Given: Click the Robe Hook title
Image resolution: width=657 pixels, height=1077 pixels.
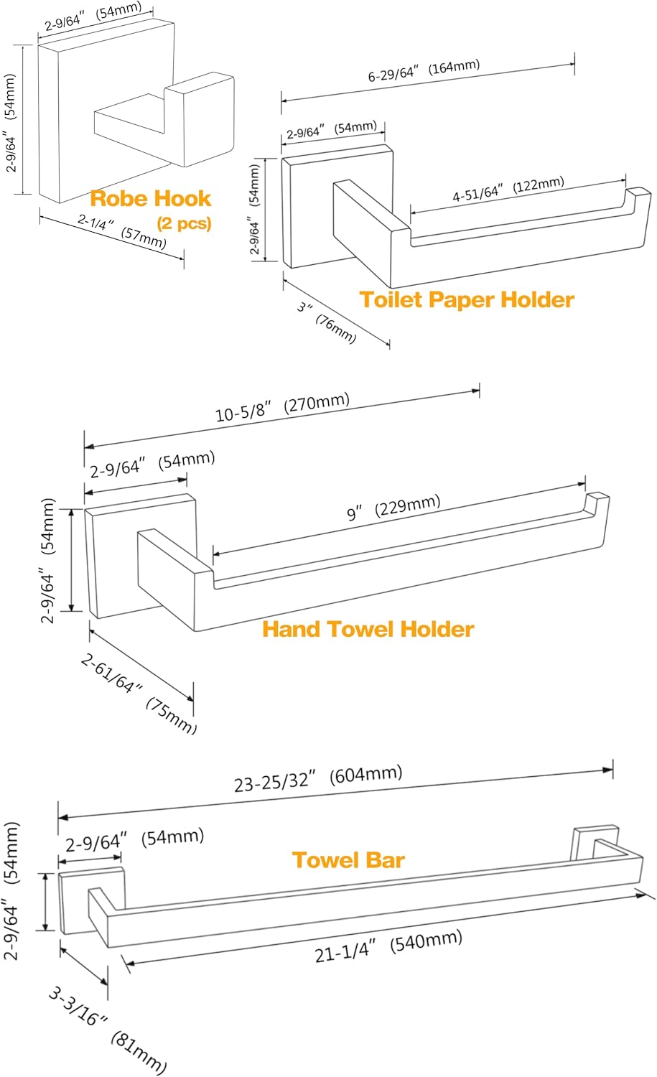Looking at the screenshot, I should click(150, 199).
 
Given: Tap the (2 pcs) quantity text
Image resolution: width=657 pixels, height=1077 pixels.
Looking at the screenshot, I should click(184, 223).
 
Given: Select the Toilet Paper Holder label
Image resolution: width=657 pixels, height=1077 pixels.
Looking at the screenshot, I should click(467, 299).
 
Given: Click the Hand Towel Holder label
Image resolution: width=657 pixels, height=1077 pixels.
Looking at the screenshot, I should click(368, 630).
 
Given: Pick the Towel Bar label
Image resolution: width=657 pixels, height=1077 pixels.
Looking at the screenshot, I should click(348, 860).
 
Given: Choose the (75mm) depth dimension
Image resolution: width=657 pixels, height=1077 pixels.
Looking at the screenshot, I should click(171, 716).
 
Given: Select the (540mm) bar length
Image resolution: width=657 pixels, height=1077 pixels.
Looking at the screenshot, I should click(426, 941).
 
